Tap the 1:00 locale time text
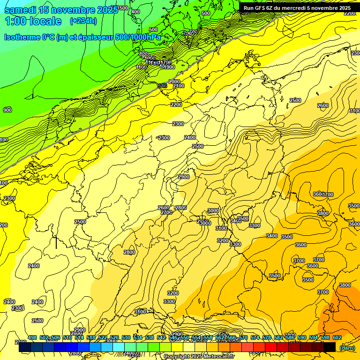click(33, 21)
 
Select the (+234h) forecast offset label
click(83, 21)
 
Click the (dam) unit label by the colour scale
click(347, 348)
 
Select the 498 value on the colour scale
click(32, 338)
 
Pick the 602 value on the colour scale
click(337, 338)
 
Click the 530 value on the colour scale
click(126, 338)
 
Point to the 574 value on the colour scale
click(255, 338)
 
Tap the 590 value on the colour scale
click(302, 338)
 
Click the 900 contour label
click(7, 110)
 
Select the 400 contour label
click(135, 12)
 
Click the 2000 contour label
click(174, 82)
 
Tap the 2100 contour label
click(179, 86)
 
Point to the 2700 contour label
click(166, 212)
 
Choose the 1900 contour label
click(169, 67)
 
